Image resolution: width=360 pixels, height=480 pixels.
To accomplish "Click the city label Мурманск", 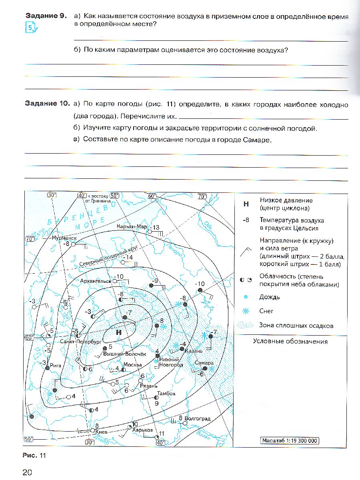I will click(64, 238).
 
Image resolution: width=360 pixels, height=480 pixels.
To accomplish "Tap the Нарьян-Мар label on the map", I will click(132, 226).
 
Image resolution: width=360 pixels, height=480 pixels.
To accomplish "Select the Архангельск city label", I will click(95, 281).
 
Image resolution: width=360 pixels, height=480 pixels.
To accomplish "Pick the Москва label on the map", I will click(132, 365).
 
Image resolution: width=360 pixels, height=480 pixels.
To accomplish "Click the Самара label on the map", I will click(204, 363).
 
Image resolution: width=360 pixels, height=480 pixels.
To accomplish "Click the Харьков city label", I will click(143, 430).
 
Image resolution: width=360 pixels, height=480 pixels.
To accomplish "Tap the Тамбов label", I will click(166, 393).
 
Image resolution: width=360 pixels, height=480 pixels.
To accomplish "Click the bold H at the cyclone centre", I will click(118, 332).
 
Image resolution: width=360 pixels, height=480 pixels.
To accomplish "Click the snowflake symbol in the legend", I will click(246, 311).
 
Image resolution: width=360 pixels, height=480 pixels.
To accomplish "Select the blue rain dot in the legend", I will click(246, 297).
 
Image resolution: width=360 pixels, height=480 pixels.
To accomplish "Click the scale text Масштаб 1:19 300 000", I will click(290, 440).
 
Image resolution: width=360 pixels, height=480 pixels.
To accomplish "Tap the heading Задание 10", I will click(48, 104).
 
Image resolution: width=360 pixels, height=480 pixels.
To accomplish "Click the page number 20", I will click(27, 472).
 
